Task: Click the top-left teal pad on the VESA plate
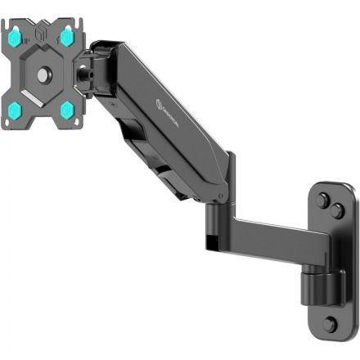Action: pos(15,37)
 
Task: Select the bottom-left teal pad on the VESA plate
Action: pos(16,110)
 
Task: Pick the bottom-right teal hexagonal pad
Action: pos(66,109)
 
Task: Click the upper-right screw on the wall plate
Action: pos(336,210)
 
